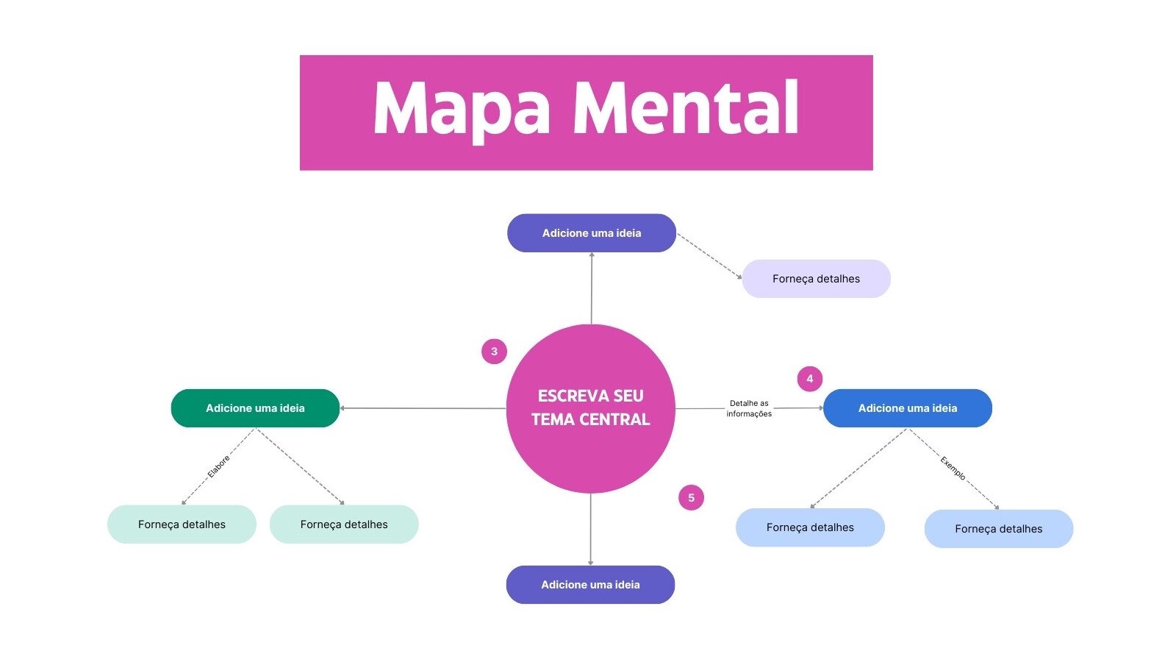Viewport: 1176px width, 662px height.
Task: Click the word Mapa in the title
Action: click(x=462, y=109)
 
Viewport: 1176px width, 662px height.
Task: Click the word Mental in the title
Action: click(x=685, y=109)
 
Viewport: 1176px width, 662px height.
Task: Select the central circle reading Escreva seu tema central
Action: click(x=590, y=408)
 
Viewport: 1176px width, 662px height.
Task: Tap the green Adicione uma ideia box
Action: click(x=255, y=408)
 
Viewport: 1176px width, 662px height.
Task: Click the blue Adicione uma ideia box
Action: click(x=907, y=408)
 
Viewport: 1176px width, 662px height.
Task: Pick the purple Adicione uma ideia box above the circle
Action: click(x=591, y=233)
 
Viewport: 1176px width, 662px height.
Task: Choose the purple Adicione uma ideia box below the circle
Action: click(x=590, y=585)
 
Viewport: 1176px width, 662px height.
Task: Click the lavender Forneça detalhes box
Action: click(x=816, y=279)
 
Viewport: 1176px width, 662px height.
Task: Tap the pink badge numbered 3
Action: click(x=494, y=352)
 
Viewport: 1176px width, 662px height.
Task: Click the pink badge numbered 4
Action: click(x=809, y=379)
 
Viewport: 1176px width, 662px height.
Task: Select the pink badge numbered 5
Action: click(x=691, y=498)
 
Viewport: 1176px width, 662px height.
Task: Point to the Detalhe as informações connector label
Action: click(x=749, y=408)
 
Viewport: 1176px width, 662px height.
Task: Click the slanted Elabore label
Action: click(x=218, y=466)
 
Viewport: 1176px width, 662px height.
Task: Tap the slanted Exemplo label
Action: click(x=953, y=468)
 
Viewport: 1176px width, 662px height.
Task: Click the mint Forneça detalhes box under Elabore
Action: click(x=182, y=524)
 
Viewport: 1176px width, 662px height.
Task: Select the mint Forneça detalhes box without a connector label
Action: click(x=344, y=524)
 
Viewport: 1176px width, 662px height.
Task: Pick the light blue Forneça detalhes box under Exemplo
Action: click(x=998, y=529)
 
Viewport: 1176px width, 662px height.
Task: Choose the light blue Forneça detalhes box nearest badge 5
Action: click(x=810, y=527)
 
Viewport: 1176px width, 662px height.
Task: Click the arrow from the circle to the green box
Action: click(x=423, y=408)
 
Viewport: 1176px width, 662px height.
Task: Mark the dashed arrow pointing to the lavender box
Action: click(x=709, y=256)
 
